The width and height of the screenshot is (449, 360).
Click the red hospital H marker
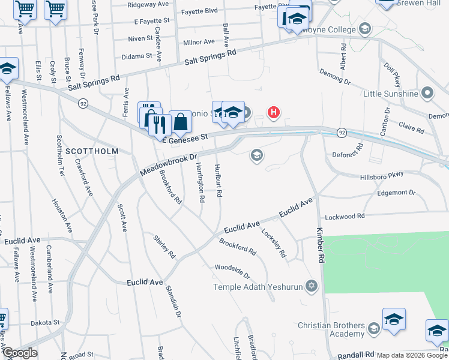pos(274,112)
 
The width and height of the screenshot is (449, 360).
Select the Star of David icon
pos(311,285)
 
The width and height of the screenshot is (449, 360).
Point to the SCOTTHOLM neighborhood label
pos(91,151)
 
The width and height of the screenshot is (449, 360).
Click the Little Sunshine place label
pos(390,94)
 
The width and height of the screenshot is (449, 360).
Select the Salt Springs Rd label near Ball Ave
pos(210,57)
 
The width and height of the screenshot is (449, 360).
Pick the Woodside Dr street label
pos(232,271)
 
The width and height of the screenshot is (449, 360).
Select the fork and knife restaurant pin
pos(158,124)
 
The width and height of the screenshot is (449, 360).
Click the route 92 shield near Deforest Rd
pos(341,131)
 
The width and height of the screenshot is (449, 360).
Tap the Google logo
pos(20,353)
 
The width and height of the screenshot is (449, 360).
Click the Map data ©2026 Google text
pos(412,355)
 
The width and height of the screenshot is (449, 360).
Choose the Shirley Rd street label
pos(163,247)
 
